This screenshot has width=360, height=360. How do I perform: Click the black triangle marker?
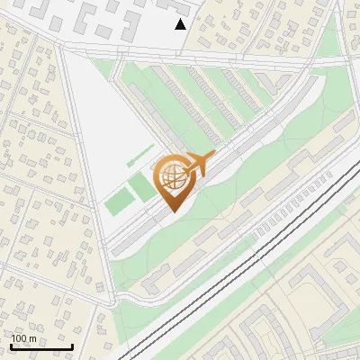(x=181, y=24)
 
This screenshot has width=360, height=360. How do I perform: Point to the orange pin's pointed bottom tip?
(x=173, y=212)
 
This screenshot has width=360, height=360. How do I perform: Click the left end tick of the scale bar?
(x=11, y=346)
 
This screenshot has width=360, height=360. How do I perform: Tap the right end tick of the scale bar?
(x=73, y=346)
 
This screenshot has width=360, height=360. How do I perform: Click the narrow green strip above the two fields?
(x=139, y=160)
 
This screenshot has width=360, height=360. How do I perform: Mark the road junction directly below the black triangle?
(x=180, y=49)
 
